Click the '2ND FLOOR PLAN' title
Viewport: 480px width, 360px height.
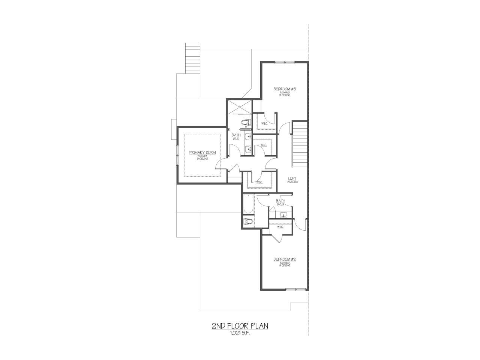point(240,326)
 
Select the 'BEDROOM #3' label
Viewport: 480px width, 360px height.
point(285,89)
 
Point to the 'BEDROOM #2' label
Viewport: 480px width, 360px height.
point(285,259)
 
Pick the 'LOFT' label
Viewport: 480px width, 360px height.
point(292,178)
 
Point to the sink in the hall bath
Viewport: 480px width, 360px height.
point(284,215)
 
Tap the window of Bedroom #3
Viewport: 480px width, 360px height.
point(284,62)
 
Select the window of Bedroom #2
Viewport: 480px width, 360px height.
point(296,289)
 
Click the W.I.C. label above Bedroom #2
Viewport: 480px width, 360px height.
point(280,227)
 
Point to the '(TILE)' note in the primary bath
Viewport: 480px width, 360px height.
point(236,139)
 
